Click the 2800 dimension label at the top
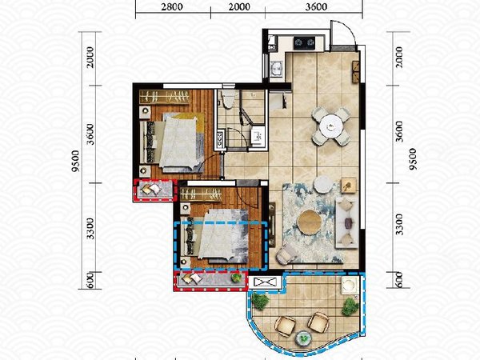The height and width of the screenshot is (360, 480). pos(172,6)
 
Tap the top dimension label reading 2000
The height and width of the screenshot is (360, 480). pos(239,6)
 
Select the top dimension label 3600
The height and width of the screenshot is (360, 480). pos(316,6)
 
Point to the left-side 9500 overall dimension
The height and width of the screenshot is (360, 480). pos(75,161)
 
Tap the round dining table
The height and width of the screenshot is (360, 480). pos(331,126)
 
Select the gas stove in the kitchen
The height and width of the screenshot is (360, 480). pos(304,43)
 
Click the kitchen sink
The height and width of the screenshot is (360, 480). pos(278,69)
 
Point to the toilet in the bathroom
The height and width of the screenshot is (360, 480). pos(228,99)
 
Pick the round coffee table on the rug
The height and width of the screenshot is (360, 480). pos(310,222)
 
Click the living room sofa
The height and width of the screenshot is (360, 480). pos(347,222)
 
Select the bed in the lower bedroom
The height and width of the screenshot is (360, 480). pos(215,237)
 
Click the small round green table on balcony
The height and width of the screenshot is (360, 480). pos(303,338)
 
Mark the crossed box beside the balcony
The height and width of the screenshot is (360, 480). pos(264,282)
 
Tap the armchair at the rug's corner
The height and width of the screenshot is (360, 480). pos(286,254)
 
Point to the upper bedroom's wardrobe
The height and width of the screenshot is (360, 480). pos(164,97)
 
